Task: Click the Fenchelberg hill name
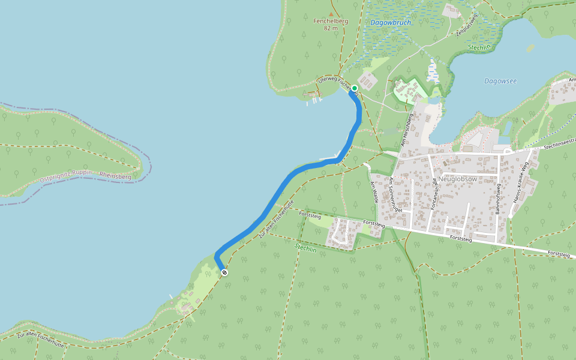(x=331, y=21)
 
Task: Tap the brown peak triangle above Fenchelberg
(x=331, y=13)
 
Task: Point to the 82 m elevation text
(x=331, y=28)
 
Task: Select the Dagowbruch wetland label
(x=391, y=23)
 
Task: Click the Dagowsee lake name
(x=500, y=81)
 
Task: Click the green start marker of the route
(x=355, y=88)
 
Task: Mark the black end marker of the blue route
(x=224, y=272)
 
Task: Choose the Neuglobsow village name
(x=457, y=179)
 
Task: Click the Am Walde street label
(x=375, y=192)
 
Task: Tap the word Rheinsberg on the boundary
(x=115, y=176)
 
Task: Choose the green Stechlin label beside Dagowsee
(x=479, y=47)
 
